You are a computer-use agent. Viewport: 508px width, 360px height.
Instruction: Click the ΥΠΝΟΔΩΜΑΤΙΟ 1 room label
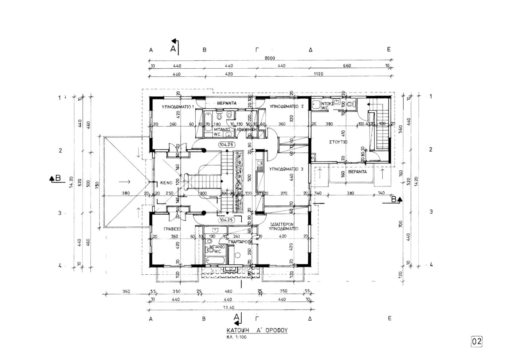[178, 107]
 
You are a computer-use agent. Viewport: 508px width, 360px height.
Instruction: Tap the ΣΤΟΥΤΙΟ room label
[338, 141]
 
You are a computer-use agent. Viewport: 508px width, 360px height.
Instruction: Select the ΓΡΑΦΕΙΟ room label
[172, 229]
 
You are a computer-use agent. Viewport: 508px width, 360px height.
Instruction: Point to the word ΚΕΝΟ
[165, 183]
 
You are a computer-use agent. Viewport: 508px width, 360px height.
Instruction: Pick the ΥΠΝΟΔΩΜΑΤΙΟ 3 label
[286, 169]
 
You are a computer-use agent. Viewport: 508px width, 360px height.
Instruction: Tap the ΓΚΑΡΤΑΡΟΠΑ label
[241, 241]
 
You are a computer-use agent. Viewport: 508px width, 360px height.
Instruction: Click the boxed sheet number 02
[477, 341]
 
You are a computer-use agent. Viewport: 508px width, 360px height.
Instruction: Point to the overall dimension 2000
[269, 58]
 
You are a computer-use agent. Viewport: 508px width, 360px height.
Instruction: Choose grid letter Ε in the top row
[389, 50]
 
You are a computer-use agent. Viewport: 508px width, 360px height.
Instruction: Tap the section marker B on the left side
[56, 178]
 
